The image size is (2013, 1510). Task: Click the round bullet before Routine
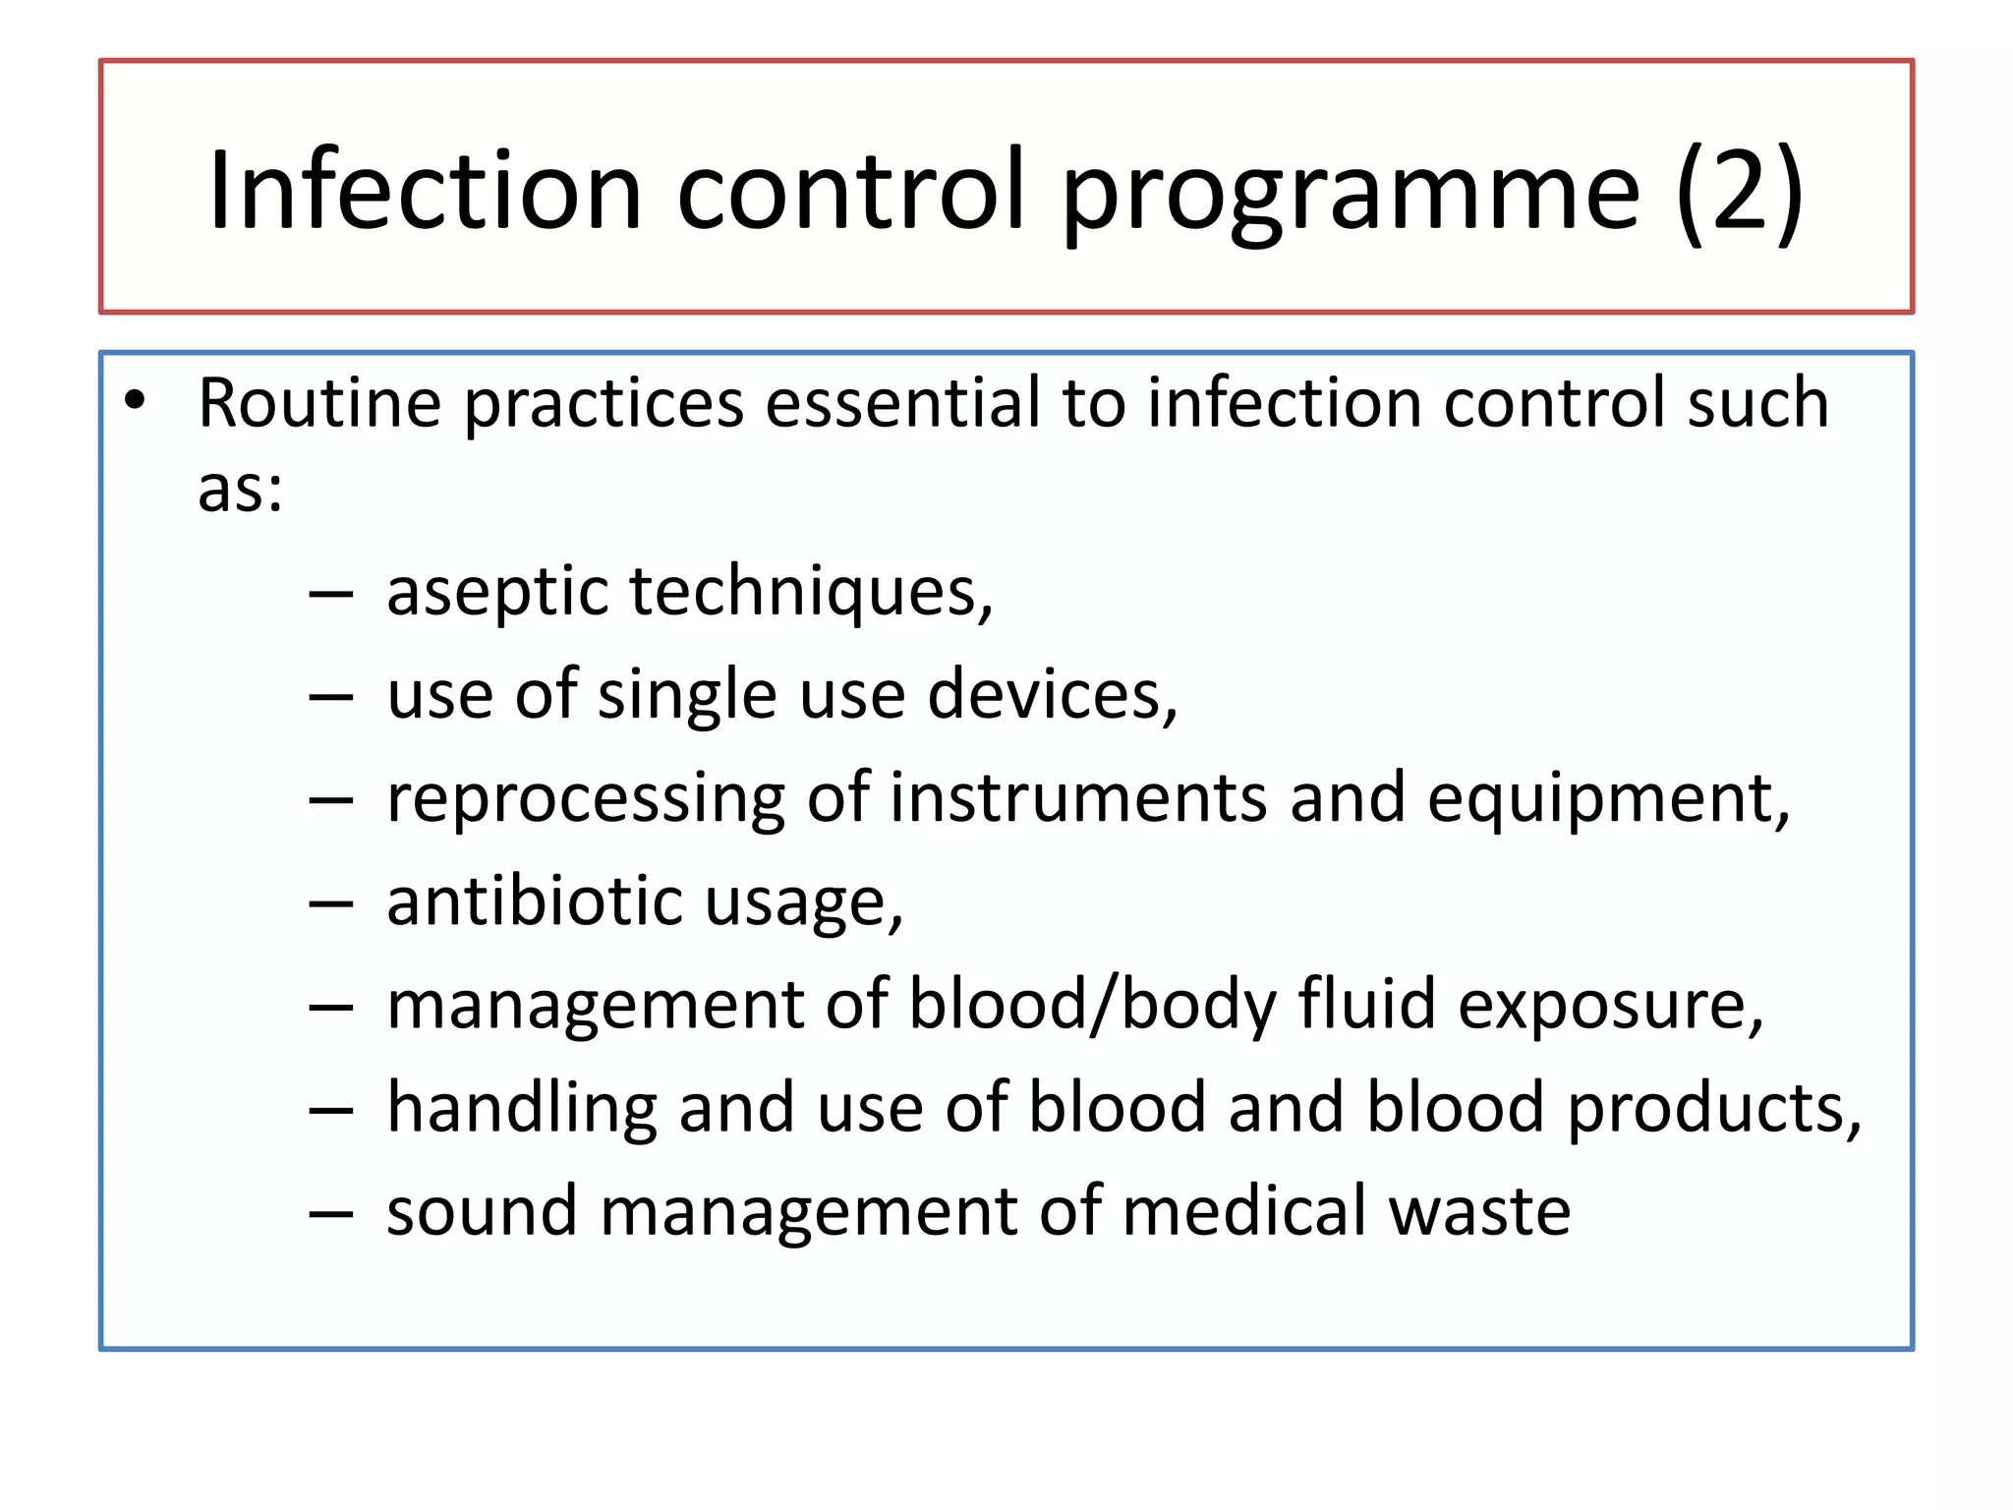point(136,400)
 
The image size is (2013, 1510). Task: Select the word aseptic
point(496,593)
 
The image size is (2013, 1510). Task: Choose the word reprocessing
point(585,800)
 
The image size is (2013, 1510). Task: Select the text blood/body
point(1092,1006)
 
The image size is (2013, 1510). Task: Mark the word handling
point(521,1109)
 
